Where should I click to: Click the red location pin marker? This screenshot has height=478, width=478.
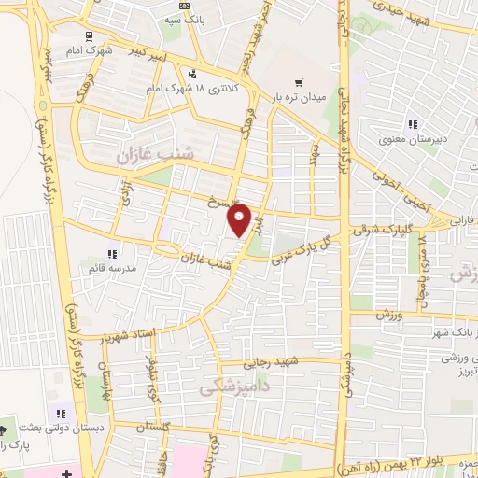tap(240, 221)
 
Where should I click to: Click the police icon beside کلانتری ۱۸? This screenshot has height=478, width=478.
tap(191, 75)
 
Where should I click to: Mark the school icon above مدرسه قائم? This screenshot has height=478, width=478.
tap(112, 253)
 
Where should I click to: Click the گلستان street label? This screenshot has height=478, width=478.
tap(156, 426)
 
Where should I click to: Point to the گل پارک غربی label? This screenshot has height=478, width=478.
tap(301, 248)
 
